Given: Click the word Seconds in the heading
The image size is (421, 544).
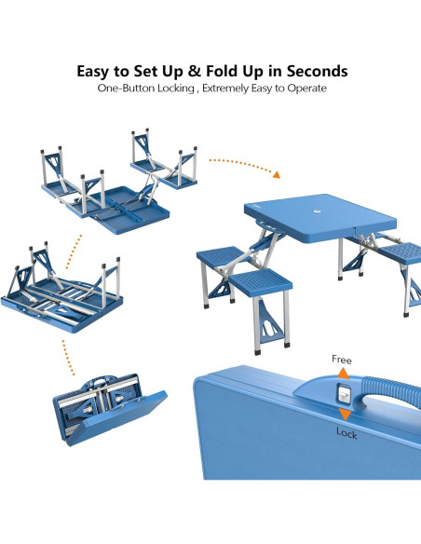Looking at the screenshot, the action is pos(317,71).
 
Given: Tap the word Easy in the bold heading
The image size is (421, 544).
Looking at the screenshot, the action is pos(91,72).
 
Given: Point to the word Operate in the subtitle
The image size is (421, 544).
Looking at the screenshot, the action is pos(306,88).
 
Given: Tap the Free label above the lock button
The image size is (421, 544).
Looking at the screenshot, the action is pos(342,360).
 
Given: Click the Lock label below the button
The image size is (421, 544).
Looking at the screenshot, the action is pos(346,433).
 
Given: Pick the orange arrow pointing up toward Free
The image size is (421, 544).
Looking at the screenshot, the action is pos(344,374).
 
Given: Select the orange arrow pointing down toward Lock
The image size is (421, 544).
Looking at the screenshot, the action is pos(345,415).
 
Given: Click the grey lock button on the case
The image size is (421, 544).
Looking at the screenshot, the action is pos(344,394).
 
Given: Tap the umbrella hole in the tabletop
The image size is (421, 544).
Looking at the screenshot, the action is pos(317,211).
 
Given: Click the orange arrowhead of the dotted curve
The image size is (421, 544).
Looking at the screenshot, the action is pos(277,174).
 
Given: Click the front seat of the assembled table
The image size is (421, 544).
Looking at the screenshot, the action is pos(261,281).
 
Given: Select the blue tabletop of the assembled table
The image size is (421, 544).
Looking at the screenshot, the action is pos(320,218).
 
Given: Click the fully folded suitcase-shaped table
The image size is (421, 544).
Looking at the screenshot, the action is pos(109,409).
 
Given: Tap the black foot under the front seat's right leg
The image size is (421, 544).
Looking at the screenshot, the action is pos(287,344).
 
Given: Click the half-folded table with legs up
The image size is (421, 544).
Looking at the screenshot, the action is pos(62,288).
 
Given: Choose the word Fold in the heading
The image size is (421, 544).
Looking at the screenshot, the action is pos(223,71).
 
